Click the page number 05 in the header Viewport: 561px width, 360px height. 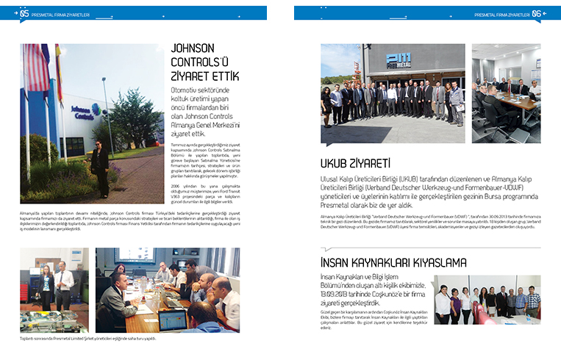tap(24, 12)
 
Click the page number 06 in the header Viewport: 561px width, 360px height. tap(537, 12)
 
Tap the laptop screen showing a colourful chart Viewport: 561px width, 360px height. tap(174, 318)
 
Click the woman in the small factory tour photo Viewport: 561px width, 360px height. tap(46, 287)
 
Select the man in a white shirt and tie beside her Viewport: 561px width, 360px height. tap(64, 286)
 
